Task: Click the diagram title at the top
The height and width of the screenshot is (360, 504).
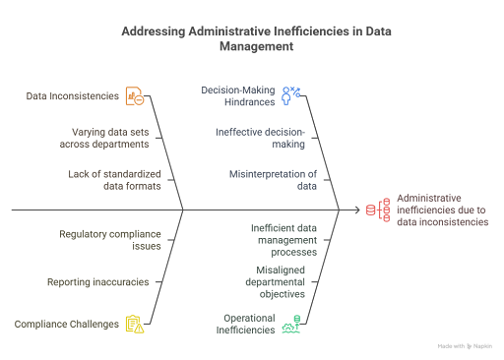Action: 251,37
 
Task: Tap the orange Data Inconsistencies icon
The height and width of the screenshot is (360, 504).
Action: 136,96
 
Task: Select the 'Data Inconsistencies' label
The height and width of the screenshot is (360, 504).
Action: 73,96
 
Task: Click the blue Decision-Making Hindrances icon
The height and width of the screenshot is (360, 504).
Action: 291,94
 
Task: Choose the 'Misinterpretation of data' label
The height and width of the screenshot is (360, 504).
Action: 268,178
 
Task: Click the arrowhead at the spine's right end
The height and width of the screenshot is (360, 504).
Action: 360,210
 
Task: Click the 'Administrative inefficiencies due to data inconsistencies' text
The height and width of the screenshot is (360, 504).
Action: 441,210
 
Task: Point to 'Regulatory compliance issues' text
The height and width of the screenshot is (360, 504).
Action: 108,240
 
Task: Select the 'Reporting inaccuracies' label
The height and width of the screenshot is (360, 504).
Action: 97,281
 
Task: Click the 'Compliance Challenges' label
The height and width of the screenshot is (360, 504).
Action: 66,323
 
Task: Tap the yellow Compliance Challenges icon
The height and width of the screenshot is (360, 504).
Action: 135,324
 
